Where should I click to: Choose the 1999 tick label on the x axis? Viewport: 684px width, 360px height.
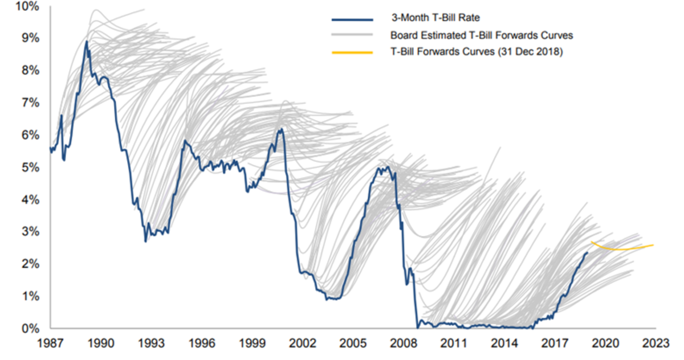252,343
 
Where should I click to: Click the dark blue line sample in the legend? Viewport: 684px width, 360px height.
352,19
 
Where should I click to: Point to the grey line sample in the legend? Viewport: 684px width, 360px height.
352,35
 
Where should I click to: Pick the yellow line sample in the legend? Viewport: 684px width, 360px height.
352,52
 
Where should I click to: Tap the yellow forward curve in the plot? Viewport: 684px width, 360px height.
621,249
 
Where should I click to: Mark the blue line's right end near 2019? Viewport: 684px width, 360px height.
587,253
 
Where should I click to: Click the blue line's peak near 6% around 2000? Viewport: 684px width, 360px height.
280,129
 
